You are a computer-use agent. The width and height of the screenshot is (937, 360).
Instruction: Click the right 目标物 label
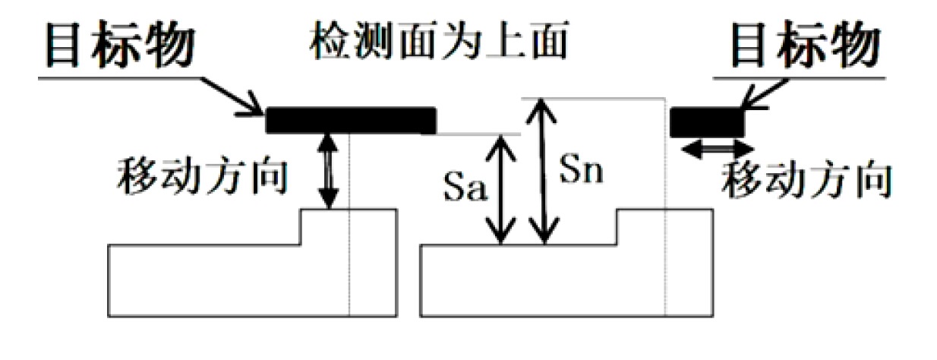tap(805, 47)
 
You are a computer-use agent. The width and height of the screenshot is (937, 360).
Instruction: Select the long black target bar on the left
tap(351, 120)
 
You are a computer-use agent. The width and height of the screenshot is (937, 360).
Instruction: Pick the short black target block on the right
tap(705, 122)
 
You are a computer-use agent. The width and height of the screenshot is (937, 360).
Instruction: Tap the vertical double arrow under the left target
tap(327, 171)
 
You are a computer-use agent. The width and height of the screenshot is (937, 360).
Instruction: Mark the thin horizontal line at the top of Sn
tap(600, 99)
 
